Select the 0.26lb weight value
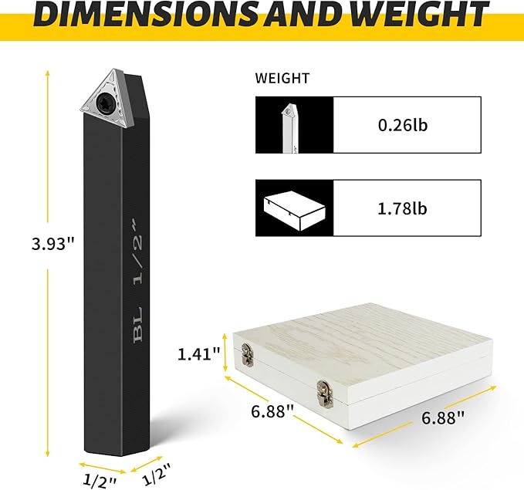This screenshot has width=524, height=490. point(403,125)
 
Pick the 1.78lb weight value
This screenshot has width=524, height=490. point(402,208)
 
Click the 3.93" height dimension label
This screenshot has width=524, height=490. point(52,244)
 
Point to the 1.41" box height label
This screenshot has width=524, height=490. point(198,354)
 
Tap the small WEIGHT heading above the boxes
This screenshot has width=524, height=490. point(282,78)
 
